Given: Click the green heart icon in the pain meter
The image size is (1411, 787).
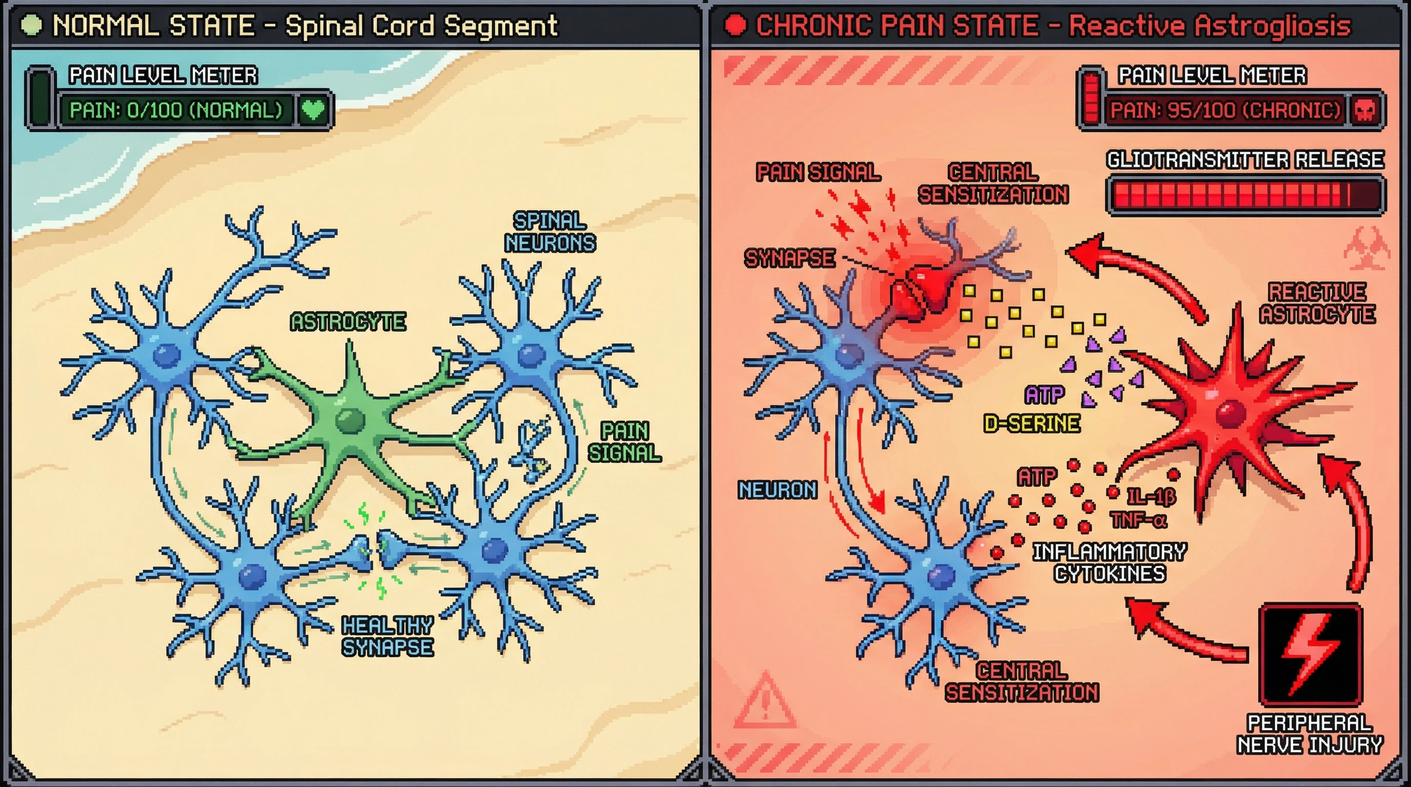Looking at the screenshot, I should point(313,110).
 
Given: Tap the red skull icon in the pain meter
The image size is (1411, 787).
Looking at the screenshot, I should point(1364,111).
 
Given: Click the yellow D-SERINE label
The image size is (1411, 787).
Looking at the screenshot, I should point(1032,424).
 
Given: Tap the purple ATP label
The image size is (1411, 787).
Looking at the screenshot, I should point(1044,395).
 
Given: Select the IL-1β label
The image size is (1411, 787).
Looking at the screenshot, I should point(1151,496).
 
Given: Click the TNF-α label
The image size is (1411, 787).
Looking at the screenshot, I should point(1138,520).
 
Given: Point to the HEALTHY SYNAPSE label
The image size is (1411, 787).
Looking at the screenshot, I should point(387,636).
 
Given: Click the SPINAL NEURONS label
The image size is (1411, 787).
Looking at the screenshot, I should point(550,232).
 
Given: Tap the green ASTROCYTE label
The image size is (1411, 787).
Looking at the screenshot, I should point(348,322).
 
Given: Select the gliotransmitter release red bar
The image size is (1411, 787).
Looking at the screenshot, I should point(1244,195).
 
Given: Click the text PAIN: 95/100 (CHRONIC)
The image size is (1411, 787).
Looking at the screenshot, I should point(1225,111).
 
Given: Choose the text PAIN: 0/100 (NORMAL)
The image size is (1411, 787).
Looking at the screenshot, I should point(176,111).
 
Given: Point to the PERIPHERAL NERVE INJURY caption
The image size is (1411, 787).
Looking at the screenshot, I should point(1309,734).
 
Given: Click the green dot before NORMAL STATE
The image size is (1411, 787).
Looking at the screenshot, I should point(31,26).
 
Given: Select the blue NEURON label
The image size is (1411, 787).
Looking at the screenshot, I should point(777,490).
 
